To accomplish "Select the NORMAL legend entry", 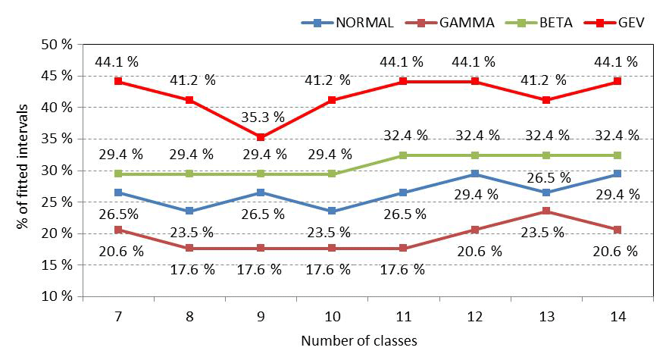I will (x=348, y=22).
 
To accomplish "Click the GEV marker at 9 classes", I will (x=260, y=137).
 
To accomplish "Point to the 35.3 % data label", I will (x=263, y=117).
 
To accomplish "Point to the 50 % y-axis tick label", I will (x=57, y=44).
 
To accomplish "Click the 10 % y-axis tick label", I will (x=57, y=296).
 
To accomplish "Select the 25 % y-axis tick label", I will (x=57, y=202).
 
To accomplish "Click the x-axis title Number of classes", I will (x=359, y=340).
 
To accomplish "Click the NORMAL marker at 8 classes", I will (x=188, y=211).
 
